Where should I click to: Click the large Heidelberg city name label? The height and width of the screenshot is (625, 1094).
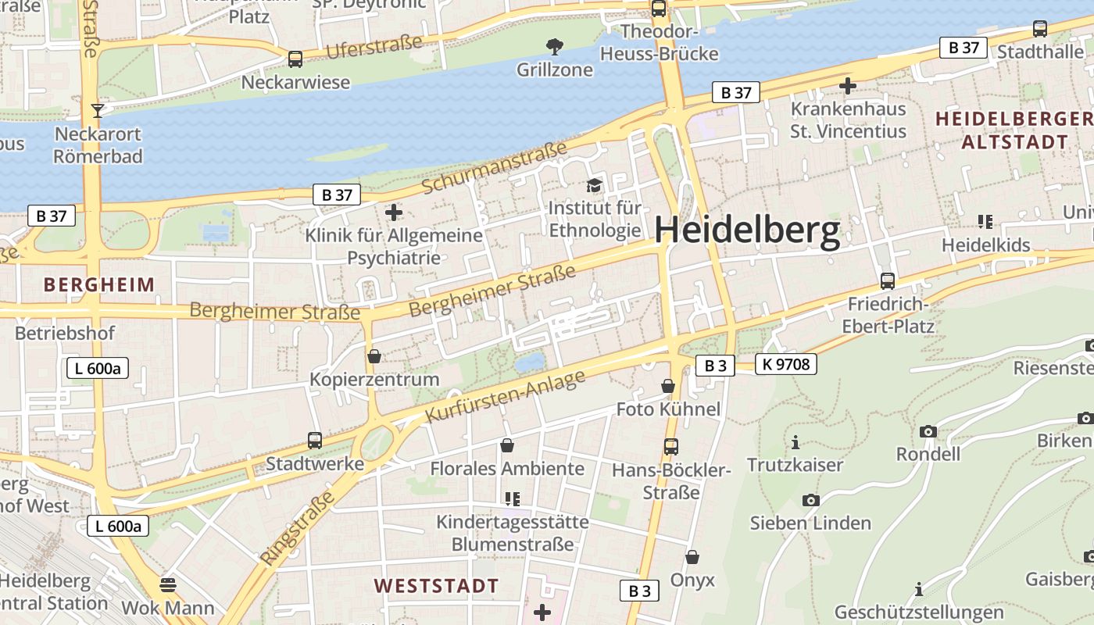pos(747,231)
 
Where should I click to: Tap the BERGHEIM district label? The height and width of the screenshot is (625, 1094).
pos(99,284)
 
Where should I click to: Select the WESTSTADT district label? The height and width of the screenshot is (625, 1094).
pos(436,585)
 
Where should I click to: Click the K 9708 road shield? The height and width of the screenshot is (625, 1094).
pos(786,363)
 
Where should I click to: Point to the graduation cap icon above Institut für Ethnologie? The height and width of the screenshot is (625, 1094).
pos(595,186)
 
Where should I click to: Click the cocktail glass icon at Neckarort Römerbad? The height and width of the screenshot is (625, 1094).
pos(98,110)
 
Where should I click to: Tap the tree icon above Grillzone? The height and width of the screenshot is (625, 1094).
pos(555,47)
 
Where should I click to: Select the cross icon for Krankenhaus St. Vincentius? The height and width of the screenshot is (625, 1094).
pos(848,85)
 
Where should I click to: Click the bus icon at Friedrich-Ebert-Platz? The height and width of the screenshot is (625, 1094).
pos(887,281)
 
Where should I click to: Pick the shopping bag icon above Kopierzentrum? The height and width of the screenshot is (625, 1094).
pos(374,356)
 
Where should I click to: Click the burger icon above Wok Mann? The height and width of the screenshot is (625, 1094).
pos(167,584)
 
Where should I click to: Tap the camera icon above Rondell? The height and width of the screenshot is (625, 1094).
pos(928,431)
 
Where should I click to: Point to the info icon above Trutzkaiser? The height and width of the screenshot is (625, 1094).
pos(795,443)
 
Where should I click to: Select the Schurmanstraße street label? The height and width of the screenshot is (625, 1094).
pos(494,168)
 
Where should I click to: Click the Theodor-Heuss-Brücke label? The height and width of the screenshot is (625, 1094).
pos(659,43)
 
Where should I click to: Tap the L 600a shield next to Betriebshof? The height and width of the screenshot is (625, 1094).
pos(98,368)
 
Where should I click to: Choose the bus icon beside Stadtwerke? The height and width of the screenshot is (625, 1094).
pos(314,441)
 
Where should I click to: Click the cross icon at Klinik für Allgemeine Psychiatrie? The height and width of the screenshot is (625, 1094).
pos(394,212)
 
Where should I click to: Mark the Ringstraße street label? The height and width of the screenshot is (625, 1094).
pos(298,528)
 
